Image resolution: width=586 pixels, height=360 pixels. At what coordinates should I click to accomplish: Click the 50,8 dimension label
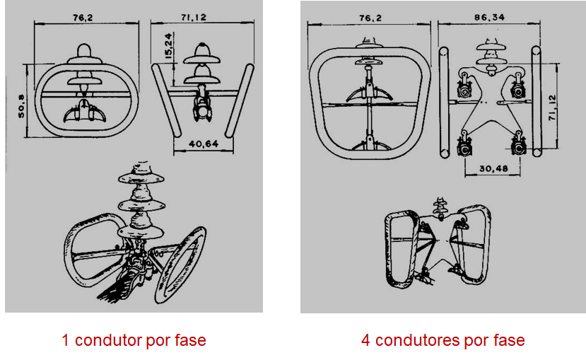(21, 106)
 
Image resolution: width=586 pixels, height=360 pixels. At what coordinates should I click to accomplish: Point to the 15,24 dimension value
(168, 46)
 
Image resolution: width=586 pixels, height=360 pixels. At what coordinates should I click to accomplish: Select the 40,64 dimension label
(204, 144)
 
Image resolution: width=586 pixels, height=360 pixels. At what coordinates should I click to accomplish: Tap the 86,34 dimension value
(489, 17)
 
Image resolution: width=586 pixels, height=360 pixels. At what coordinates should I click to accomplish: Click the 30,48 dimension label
(493, 168)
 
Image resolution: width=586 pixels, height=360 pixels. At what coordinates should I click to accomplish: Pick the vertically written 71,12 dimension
(552, 108)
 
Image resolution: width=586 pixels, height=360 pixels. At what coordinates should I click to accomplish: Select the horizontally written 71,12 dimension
(194, 17)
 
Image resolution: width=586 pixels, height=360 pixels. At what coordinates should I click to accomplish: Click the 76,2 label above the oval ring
(83, 17)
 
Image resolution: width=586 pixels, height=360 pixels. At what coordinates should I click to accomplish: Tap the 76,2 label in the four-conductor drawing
(370, 18)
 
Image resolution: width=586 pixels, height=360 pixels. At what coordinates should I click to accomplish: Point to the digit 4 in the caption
(365, 340)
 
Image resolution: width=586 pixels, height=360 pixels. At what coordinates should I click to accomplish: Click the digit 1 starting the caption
(65, 340)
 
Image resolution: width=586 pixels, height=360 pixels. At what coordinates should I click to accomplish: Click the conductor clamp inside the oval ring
(84, 112)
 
